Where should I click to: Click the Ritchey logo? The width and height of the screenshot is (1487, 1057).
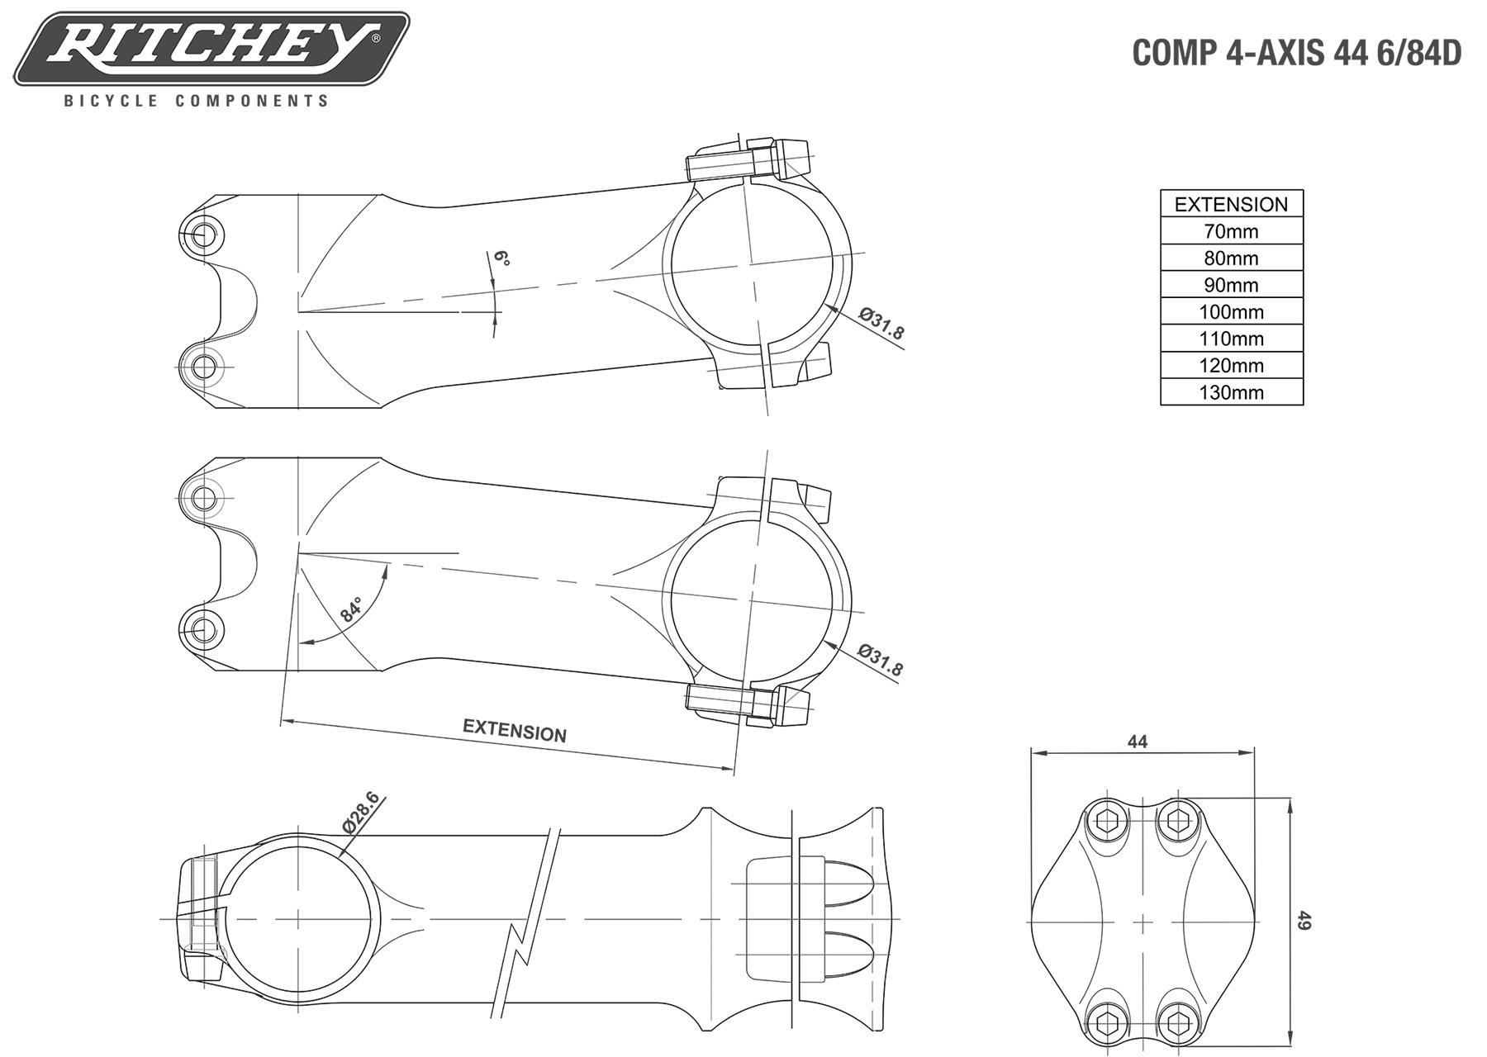pyautogui.click(x=211, y=48)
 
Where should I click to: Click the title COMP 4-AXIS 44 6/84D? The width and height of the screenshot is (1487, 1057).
pyautogui.click(x=1296, y=53)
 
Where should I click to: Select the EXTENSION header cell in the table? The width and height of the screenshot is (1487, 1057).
pyautogui.click(x=1231, y=204)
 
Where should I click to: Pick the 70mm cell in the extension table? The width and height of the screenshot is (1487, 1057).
pyautogui.click(x=1231, y=231)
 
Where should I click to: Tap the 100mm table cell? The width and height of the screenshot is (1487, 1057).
pyautogui.click(x=1231, y=311)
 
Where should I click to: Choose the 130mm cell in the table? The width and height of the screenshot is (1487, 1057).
pyautogui.click(x=1231, y=391)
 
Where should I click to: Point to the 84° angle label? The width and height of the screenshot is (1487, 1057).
pyautogui.click(x=351, y=609)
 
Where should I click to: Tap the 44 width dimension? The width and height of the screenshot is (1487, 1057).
pyautogui.click(x=1138, y=742)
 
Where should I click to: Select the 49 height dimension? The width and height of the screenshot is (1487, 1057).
pyautogui.click(x=1304, y=920)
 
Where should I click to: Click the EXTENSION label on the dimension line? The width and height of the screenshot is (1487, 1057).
pyautogui.click(x=515, y=730)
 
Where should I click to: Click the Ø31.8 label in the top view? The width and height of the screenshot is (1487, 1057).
pyautogui.click(x=881, y=323)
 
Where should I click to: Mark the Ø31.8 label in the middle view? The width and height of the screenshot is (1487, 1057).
pyautogui.click(x=881, y=659)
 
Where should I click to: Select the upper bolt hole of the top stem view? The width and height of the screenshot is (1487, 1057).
pyautogui.click(x=202, y=235)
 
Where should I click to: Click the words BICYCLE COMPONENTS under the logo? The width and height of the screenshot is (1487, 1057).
pyautogui.click(x=197, y=101)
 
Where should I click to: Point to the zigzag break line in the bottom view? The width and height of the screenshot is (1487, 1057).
pyautogui.click(x=525, y=922)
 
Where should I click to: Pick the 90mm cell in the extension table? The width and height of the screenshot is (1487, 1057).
pyautogui.click(x=1231, y=285)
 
